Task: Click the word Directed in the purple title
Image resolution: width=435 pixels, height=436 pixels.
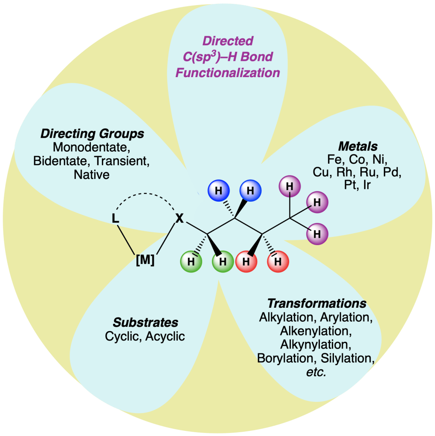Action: [228, 41]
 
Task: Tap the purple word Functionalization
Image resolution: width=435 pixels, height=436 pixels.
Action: [228, 72]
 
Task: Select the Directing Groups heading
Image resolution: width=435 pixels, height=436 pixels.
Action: [92, 134]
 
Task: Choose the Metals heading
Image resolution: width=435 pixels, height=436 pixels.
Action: [358, 147]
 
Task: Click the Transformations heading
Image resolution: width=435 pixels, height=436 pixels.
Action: [316, 304]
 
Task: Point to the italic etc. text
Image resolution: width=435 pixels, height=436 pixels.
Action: [316, 372]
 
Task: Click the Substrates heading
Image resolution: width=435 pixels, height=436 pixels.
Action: [145, 322]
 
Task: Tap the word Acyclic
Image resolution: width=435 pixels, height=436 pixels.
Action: [165, 336]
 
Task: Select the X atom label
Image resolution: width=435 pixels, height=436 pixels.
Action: [180, 219]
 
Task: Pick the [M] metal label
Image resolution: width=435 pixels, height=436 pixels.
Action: [145, 260]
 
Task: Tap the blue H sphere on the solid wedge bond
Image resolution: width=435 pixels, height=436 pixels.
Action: [251, 190]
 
